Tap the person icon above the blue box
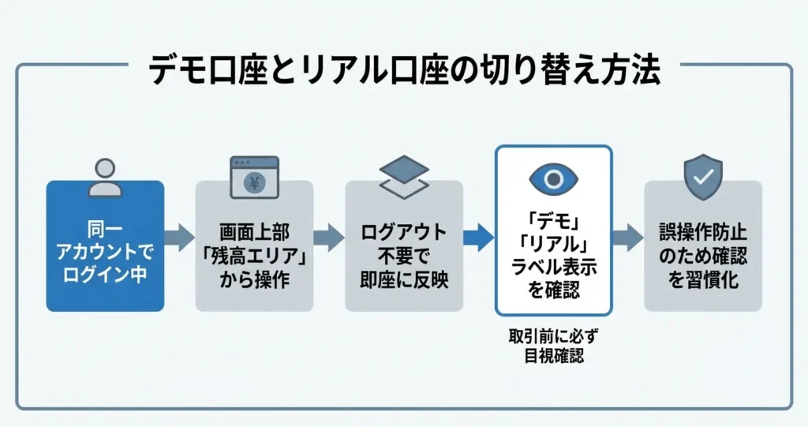point(104,177)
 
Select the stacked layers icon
point(404,177)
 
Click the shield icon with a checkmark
point(702,177)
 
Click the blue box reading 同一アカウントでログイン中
point(105,245)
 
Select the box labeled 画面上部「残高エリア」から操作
point(254,245)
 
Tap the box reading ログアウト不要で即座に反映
point(404,245)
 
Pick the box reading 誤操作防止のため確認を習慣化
point(703,245)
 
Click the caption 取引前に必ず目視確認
point(553,346)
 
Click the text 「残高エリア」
point(254,257)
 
